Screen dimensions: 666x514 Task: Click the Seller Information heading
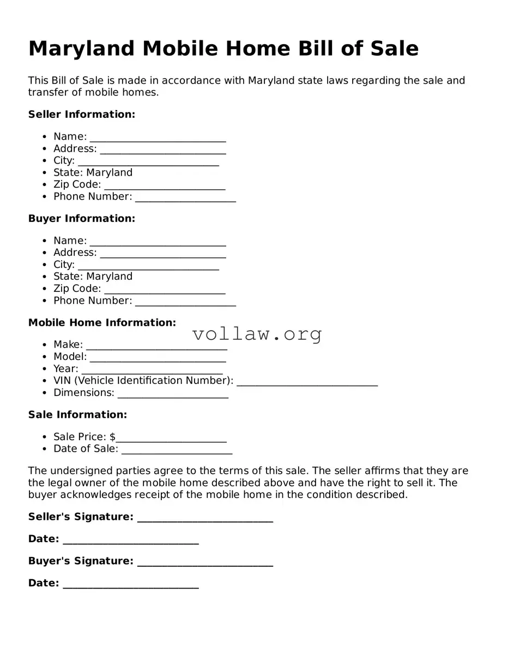click(81, 115)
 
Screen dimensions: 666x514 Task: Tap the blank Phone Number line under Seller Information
click(185, 198)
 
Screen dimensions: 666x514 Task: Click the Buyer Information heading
click(81, 219)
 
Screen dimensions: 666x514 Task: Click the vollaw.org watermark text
click(257, 334)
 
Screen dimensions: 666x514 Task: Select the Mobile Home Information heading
click(102, 323)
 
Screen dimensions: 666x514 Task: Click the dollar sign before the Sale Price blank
click(112, 437)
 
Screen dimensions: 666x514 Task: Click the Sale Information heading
click(77, 415)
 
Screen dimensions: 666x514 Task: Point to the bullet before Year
click(44, 369)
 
